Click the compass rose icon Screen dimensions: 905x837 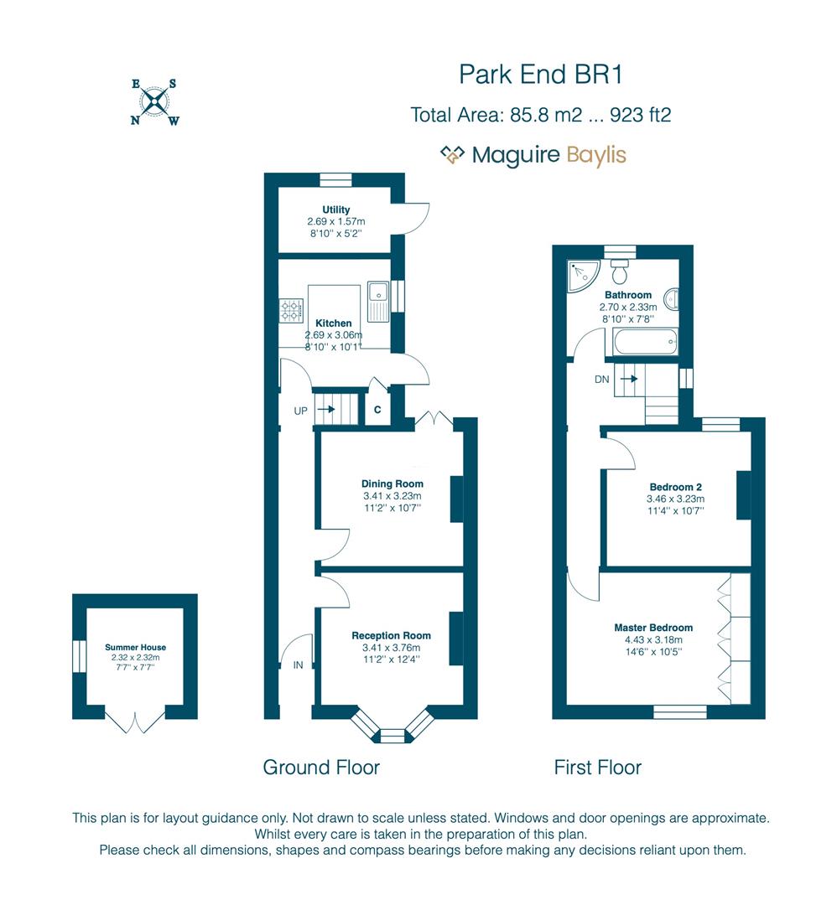point(154,103)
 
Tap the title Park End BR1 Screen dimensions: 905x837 point(540,75)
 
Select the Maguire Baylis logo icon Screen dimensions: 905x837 point(453,154)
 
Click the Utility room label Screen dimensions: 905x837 point(335,209)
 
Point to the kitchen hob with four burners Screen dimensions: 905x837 point(291,311)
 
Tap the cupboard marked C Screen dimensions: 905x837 point(377,410)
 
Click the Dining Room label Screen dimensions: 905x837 point(392,484)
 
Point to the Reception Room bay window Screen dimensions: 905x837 point(392,726)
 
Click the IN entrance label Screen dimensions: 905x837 point(299,665)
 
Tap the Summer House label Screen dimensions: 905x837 point(135,647)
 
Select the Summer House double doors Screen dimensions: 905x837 point(135,721)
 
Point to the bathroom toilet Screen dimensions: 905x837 point(621,272)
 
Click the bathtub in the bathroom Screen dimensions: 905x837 point(645,342)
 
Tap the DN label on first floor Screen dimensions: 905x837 point(601,379)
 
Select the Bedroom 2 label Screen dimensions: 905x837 point(675,487)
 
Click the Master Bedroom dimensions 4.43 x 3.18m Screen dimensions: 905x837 point(653,639)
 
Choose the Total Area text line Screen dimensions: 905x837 point(540,115)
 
